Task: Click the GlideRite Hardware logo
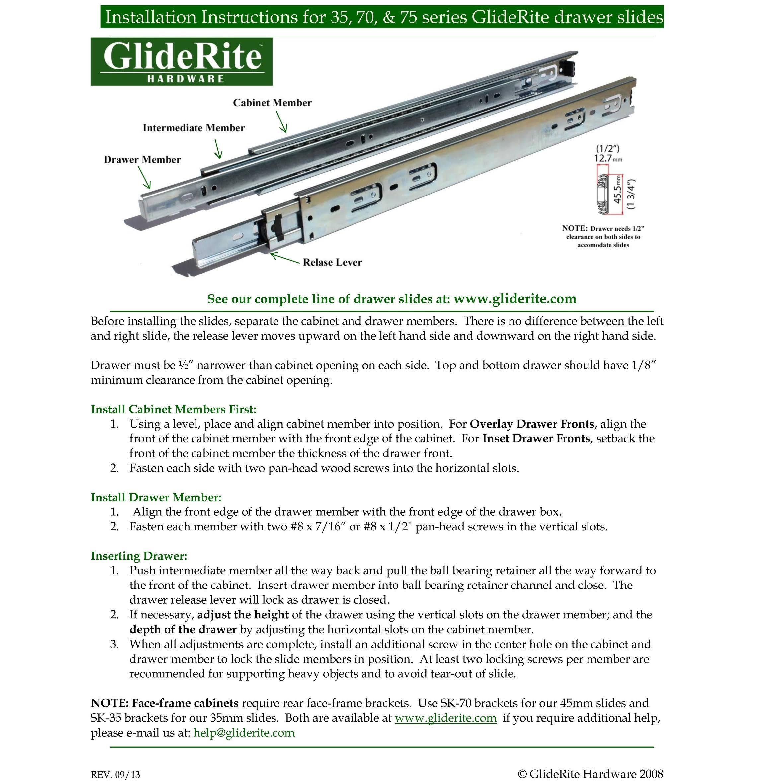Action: point(181,62)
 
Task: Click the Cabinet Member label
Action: point(272,103)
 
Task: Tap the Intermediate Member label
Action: point(194,128)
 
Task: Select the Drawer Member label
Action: point(142,159)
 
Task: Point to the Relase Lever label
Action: point(332,262)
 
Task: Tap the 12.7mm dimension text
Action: point(607,158)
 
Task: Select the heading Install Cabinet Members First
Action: point(173,409)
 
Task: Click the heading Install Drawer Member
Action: point(156,497)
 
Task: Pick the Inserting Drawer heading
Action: point(139,556)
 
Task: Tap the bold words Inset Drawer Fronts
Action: point(536,439)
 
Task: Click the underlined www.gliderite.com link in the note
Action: point(445,718)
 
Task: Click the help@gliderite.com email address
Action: point(244,733)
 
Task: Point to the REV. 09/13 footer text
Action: point(115,775)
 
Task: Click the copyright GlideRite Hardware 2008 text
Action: point(590,773)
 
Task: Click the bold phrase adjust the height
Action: point(243,615)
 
